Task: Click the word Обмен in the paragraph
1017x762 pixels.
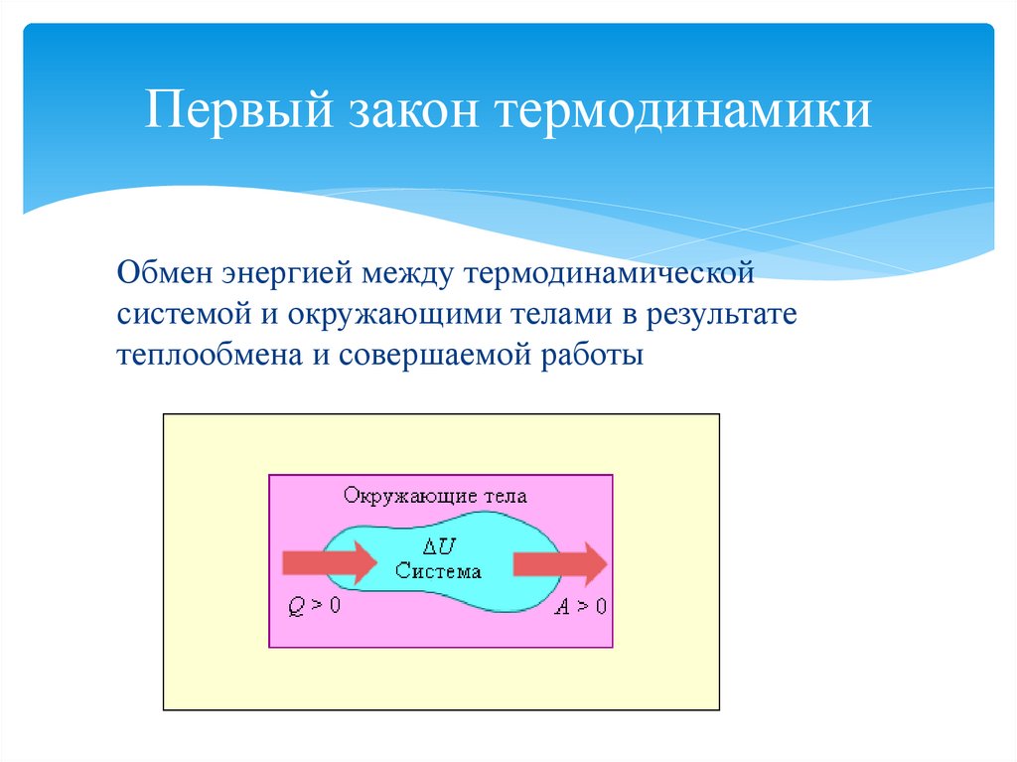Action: click(x=161, y=271)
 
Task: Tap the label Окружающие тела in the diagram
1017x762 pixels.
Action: click(x=435, y=496)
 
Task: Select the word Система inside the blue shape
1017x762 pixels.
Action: click(x=437, y=570)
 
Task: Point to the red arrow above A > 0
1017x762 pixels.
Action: click(x=559, y=563)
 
